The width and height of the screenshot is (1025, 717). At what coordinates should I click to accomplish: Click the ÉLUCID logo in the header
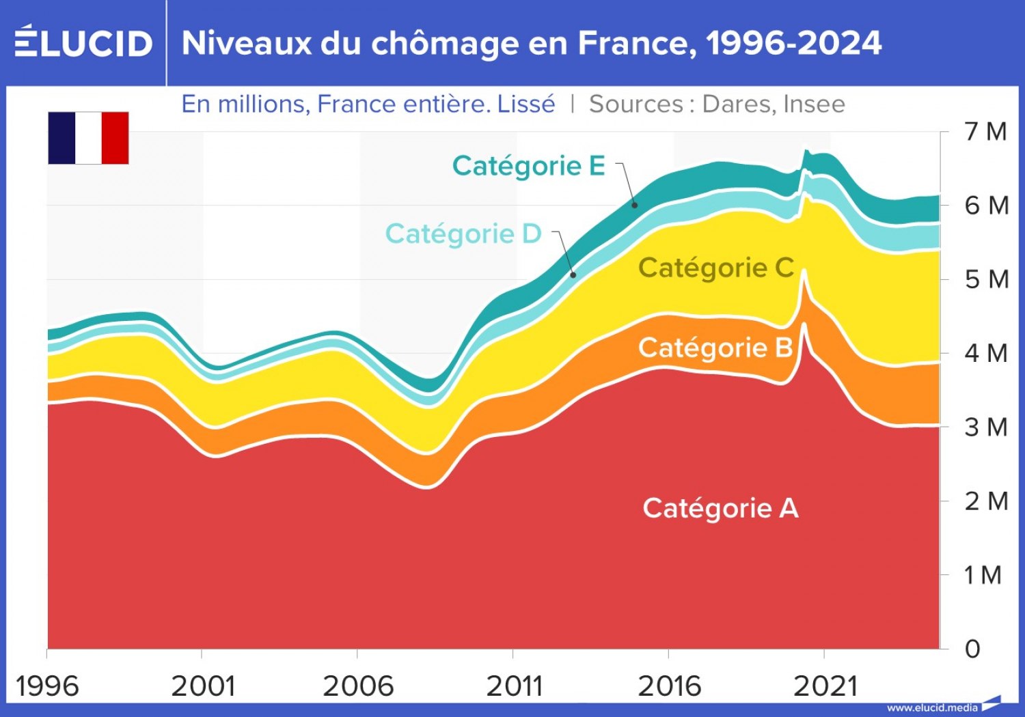pyautogui.click(x=83, y=42)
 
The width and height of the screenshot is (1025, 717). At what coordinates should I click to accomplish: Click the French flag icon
pyautogui.click(x=88, y=138)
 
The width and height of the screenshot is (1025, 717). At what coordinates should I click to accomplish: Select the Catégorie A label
pyautogui.click(x=720, y=508)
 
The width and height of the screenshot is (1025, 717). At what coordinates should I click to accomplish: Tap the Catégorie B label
pyautogui.click(x=715, y=348)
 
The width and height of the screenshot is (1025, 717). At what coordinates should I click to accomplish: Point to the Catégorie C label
pyautogui.click(x=715, y=268)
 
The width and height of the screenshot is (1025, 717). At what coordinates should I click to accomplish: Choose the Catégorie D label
pyautogui.click(x=463, y=234)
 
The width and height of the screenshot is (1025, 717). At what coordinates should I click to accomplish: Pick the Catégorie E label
pyautogui.click(x=529, y=166)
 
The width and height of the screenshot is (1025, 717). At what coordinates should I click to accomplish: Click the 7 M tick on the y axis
pyautogui.click(x=985, y=131)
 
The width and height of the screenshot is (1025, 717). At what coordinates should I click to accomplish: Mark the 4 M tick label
pyautogui.click(x=985, y=353)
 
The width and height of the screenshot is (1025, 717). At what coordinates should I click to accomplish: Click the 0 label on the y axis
pyautogui.click(x=972, y=649)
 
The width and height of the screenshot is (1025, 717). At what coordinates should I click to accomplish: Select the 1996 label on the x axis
pyautogui.click(x=47, y=686)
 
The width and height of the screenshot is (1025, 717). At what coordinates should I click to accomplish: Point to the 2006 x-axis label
pyautogui.click(x=358, y=686)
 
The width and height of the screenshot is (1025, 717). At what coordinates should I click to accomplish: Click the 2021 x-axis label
pyautogui.click(x=825, y=686)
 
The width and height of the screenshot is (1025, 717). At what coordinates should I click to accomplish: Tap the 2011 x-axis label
pyautogui.click(x=514, y=686)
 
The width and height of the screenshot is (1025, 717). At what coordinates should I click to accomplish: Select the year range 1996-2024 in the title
pyautogui.click(x=793, y=43)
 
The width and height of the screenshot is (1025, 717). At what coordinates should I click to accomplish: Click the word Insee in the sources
pyautogui.click(x=814, y=104)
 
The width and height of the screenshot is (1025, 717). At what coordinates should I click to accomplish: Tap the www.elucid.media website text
pyautogui.click(x=932, y=707)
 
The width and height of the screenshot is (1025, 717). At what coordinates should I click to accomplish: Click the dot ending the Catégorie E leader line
pyautogui.click(x=635, y=205)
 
